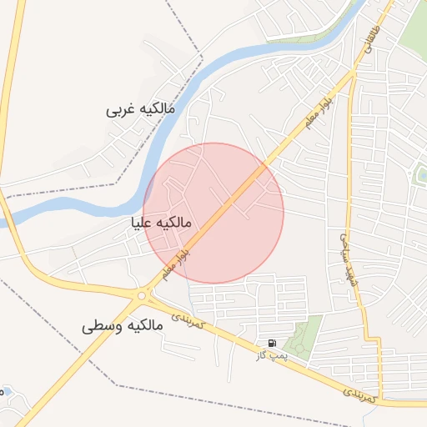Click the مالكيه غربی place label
(141, 108)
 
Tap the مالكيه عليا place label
(162, 223)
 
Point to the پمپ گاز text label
(271, 355)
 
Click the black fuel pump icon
(272, 343)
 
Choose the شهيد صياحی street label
(343, 259)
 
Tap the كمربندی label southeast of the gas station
(361, 394)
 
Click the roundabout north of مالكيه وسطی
(142, 294)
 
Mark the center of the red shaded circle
(213, 213)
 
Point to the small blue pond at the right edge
(421, 174)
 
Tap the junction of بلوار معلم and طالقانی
(355, 73)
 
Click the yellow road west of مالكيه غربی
(10, 100)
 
